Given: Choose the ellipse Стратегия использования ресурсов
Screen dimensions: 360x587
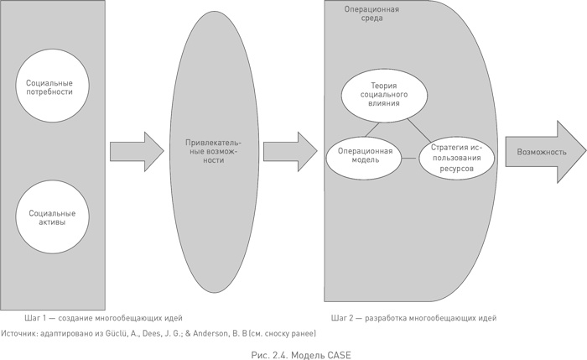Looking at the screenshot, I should point(455,156).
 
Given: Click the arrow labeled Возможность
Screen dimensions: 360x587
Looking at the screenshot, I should point(541,152).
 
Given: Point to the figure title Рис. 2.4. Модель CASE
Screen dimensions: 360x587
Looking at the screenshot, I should point(293,354).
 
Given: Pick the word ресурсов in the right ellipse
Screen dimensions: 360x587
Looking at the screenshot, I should point(455,170).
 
